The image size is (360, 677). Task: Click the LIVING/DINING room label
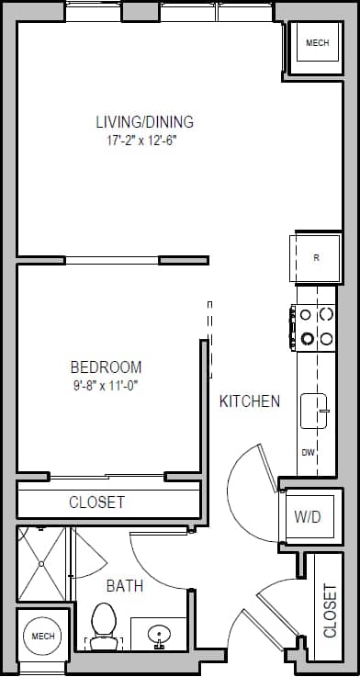(144, 121)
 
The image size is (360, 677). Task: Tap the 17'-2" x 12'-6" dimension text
(144, 141)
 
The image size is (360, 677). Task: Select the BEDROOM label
(107, 366)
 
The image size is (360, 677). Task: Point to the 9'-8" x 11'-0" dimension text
(107, 386)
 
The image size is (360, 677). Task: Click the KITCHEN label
(249, 401)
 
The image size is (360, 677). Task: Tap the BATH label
(124, 585)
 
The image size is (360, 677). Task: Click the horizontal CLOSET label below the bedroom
(96, 502)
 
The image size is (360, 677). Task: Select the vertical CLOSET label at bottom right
(331, 611)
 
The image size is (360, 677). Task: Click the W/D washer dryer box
(307, 517)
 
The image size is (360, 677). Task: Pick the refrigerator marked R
(314, 257)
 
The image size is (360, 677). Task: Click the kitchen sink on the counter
(316, 410)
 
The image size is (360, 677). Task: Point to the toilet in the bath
(103, 622)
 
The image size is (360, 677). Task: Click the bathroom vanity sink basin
(158, 634)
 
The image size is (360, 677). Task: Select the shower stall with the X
(41, 564)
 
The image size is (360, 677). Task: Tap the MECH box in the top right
(316, 44)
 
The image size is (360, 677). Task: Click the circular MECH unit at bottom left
(42, 637)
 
